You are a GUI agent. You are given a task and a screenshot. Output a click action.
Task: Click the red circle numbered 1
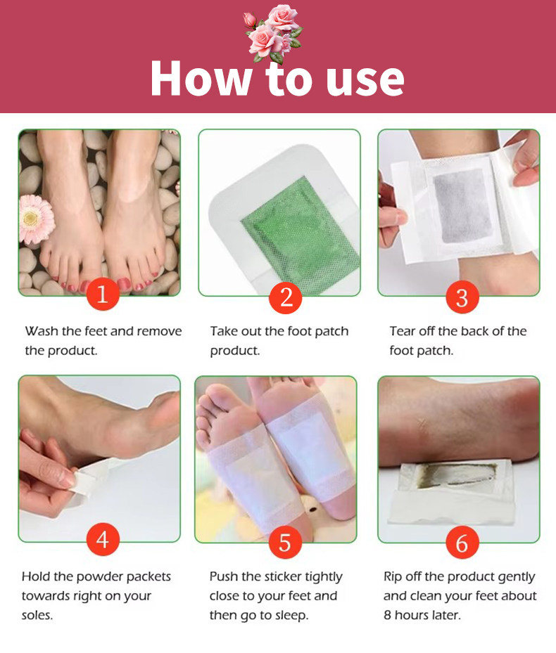(x=103, y=294)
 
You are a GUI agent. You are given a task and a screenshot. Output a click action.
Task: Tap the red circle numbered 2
(x=286, y=297)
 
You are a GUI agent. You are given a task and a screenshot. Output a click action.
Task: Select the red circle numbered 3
(x=462, y=297)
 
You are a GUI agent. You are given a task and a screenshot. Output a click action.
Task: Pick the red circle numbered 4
(x=103, y=539)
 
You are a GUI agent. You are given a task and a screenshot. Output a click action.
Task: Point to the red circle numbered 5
(x=285, y=542)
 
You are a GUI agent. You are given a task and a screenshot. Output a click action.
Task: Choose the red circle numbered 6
(x=462, y=542)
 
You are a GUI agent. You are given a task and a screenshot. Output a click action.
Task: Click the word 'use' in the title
(x=365, y=79)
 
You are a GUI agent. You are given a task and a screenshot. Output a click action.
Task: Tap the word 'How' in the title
(x=201, y=78)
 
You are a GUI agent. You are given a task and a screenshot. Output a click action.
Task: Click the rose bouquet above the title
(x=274, y=33)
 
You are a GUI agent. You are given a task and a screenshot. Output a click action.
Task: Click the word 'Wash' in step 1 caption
(x=42, y=331)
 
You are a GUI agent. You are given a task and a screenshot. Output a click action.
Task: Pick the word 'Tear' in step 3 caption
(x=403, y=331)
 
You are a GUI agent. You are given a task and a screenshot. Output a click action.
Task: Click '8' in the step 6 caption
(x=387, y=615)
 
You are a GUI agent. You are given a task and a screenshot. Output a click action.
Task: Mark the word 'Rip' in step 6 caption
(x=393, y=577)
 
